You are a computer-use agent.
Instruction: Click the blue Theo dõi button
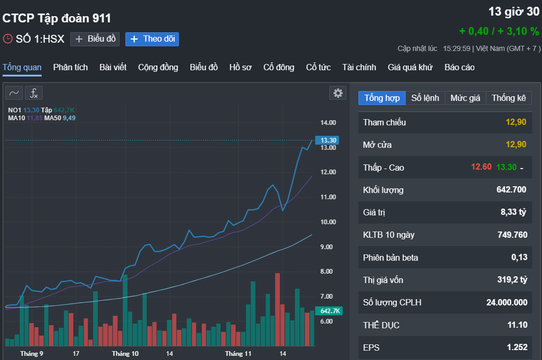152,39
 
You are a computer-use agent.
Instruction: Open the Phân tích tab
70,67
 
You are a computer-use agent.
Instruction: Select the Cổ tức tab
318,67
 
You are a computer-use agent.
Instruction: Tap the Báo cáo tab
459,67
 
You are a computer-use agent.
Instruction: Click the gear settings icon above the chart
338,93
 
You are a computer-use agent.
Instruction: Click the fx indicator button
34,93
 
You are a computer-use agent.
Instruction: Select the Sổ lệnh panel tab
425,98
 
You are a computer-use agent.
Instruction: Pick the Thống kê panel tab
509,98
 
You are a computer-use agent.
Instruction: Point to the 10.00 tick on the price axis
328,222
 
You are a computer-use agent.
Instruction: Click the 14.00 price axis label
328,123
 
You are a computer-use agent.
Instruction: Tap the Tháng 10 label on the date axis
125,354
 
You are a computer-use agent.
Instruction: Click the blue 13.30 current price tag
329,140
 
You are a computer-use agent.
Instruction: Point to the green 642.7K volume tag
330,311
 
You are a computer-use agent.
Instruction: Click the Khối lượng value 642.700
511,190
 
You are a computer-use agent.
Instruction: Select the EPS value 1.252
517,348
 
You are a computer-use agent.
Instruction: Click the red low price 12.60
481,167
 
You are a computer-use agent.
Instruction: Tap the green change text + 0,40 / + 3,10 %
499,31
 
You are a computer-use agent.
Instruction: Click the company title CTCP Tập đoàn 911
57,18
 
